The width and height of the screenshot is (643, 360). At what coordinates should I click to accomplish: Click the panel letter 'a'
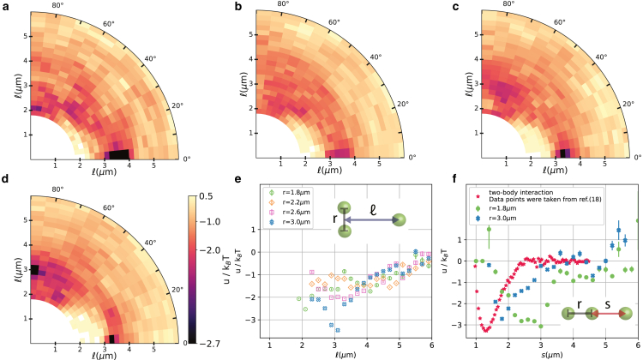4,7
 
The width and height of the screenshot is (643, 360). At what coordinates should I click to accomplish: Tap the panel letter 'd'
4,184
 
